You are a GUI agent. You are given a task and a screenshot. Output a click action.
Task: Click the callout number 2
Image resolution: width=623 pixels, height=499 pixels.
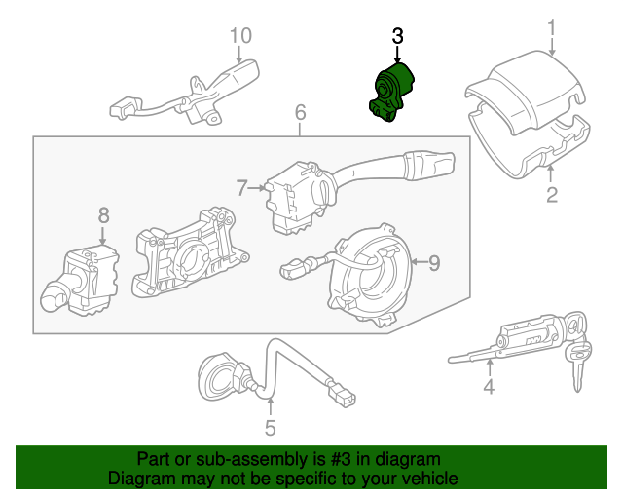tap(552, 196)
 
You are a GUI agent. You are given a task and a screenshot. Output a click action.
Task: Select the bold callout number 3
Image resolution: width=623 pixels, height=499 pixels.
tap(397, 36)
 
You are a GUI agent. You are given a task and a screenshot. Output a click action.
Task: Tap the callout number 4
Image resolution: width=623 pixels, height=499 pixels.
tap(489, 388)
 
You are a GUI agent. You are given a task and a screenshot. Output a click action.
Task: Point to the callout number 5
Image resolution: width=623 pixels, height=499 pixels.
tap(271, 427)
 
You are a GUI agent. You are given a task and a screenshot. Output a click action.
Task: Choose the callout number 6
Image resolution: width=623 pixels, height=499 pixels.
tap(300, 114)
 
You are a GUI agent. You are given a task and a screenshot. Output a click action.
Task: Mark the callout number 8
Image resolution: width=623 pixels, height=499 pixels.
tap(103, 215)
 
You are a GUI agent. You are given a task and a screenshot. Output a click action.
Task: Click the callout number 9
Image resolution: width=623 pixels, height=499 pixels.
tap(434, 261)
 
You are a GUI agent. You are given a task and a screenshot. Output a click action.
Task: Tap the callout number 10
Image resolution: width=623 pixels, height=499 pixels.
tap(239, 36)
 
